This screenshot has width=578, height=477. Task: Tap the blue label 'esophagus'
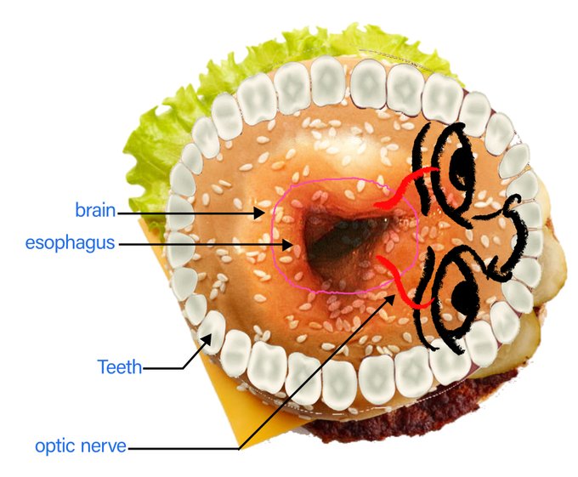coord(70,243)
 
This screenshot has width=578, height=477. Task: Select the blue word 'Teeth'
coord(119,367)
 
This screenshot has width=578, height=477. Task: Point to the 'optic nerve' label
coord(81,446)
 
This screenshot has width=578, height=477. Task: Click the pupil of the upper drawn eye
coord(464,162)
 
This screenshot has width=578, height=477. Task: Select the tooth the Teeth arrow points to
coord(212,329)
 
